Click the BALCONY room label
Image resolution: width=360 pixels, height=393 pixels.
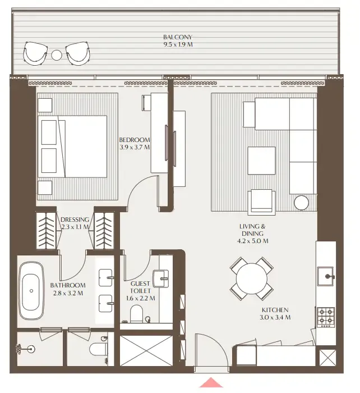click(x=177, y=38)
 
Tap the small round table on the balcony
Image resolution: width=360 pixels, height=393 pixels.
click(x=57, y=55)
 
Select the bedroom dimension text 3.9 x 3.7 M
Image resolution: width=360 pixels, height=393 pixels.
click(x=135, y=148)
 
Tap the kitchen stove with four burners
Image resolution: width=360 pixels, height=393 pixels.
click(x=326, y=317)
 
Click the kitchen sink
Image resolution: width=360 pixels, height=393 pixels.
click(x=326, y=276)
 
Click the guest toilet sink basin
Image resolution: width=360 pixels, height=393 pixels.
click(x=163, y=277)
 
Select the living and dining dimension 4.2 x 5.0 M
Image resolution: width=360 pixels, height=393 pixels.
click(x=253, y=241)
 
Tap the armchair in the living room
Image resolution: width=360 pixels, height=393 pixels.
click(x=262, y=200)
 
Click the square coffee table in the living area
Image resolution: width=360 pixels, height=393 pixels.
click(x=262, y=161)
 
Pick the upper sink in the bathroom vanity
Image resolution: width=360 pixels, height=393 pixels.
click(x=106, y=276)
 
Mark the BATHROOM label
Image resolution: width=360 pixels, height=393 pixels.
click(x=68, y=285)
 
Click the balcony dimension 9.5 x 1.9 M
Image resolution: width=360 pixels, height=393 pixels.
click(x=177, y=45)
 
